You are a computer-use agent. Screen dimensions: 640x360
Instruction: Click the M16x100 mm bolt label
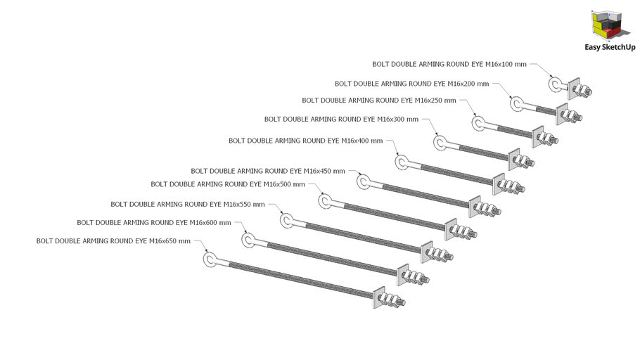coord(449,64)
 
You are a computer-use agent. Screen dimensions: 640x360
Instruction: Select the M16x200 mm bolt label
coord(412,84)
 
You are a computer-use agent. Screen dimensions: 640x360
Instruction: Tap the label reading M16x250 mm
coord(379,101)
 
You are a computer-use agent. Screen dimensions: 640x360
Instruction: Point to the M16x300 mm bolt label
coord(341,120)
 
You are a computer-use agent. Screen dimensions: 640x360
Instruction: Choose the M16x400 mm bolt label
coord(306,141)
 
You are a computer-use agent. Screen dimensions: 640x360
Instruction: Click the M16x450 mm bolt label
coord(268,171)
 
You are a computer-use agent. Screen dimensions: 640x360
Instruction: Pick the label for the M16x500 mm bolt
coord(228,184)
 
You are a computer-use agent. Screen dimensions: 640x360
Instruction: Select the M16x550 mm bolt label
coord(188,204)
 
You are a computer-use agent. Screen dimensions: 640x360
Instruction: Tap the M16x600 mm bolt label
coord(154,223)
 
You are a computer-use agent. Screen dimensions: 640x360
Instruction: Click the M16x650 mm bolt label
coord(113,240)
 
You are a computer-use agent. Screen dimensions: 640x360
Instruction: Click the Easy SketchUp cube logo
coord(608,25)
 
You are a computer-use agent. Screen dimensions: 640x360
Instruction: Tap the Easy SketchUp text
coord(610,47)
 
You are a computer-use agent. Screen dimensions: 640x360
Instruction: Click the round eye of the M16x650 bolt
coord(205,259)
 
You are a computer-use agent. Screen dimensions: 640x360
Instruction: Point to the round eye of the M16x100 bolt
coord(550,84)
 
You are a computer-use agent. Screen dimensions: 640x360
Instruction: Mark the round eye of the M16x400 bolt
coord(397,162)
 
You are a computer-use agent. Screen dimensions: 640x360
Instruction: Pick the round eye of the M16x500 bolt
coord(320,201)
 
